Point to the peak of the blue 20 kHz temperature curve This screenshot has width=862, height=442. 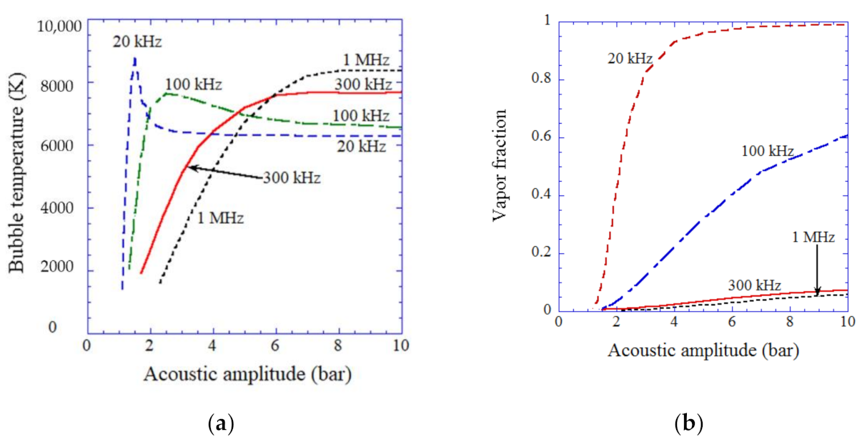[134, 59]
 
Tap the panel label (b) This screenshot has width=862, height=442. [689, 423]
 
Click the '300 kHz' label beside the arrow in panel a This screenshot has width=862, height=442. [291, 177]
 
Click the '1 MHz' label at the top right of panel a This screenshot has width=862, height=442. [367, 61]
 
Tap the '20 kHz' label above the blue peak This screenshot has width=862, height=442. [137, 42]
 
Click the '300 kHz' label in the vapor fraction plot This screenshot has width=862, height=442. [755, 284]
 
